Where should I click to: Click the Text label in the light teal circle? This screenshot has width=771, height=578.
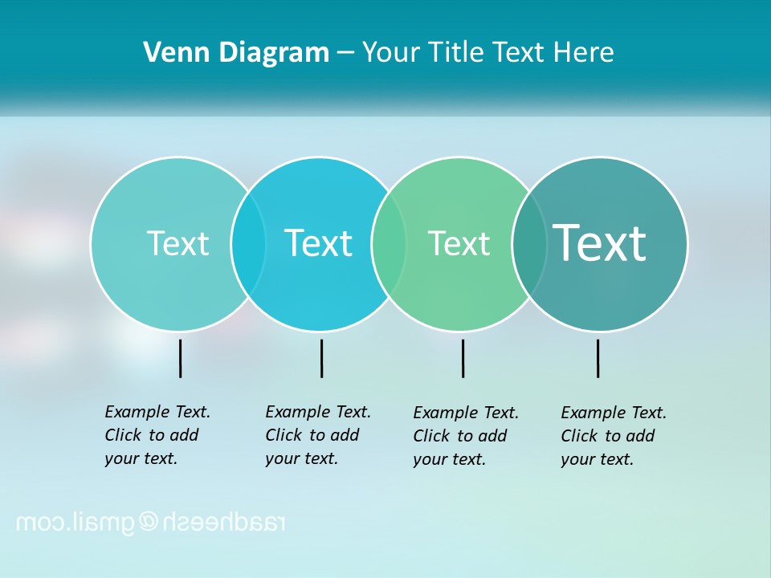177,243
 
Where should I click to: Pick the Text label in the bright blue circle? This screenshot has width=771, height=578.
319,243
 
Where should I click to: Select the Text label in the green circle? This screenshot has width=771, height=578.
459,244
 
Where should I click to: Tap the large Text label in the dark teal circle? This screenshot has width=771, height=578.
600,243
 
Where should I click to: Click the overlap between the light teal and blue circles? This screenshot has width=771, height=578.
248,243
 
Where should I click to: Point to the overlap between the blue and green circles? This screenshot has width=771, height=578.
389,243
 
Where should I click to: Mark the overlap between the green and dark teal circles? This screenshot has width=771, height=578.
529,243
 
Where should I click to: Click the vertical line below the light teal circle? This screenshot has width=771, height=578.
181,358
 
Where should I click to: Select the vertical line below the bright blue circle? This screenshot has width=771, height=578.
321,358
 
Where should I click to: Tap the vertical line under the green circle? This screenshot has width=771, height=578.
463,358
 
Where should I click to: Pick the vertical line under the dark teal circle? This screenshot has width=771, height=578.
598,358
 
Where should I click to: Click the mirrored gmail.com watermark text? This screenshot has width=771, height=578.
151,523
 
